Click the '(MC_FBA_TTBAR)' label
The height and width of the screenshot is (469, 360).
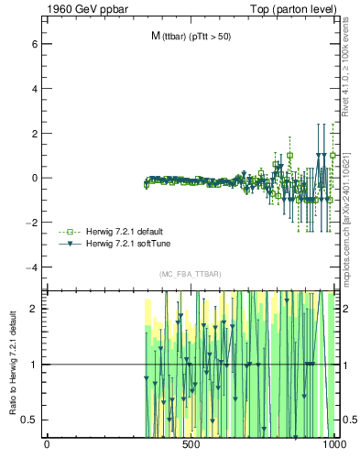tap(190, 275)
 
